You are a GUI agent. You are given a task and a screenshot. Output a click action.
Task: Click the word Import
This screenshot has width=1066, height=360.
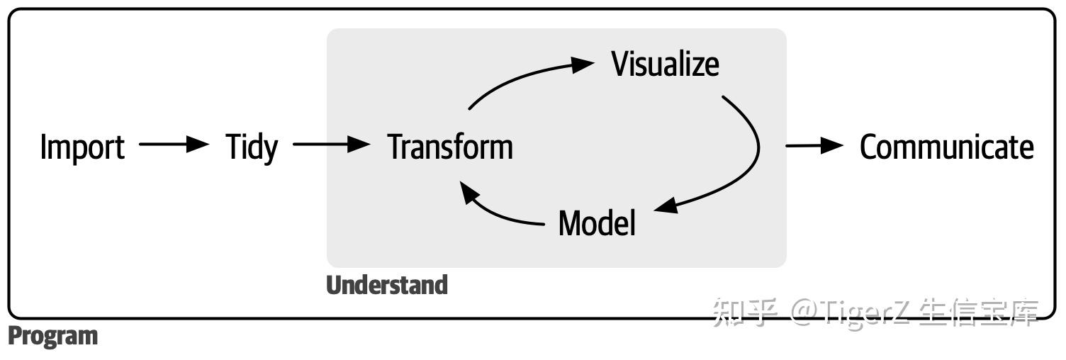[x=82, y=147]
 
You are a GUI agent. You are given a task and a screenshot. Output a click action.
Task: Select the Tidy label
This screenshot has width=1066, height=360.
[x=252, y=147]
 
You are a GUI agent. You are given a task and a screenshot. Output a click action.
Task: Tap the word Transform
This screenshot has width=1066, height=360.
[x=451, y=147]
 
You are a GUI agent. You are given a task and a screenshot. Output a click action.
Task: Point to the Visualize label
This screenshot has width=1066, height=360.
[x=665, y=64]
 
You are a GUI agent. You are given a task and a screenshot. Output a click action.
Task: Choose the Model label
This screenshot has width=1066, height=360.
[x=597, y=223]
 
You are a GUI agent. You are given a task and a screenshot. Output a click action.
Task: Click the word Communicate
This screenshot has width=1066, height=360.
[x=946, y=147]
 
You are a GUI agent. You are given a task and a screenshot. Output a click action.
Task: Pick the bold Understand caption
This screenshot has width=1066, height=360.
[x=387, y=285]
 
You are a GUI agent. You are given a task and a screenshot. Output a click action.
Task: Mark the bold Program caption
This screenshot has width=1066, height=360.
[x=52, y=336]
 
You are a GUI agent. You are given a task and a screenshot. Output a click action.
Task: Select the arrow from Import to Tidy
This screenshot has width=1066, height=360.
[x=174, y=145]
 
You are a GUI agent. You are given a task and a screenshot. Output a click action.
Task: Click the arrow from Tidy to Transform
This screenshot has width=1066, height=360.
[x=332, y=145]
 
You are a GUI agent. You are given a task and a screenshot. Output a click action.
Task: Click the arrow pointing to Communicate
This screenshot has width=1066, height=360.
[x=814, y=145]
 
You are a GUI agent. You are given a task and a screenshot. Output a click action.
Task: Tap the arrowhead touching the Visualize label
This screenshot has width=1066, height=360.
[x=583, y=64]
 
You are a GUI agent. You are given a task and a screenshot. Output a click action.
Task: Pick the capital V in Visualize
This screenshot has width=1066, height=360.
[x=622, y=64]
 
